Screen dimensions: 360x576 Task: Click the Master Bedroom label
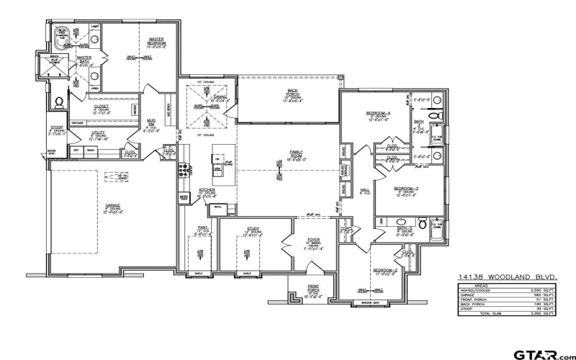pyautogui.click(x=157, y=41)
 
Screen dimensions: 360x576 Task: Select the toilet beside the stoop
pyautogui.click(x=59, y=102)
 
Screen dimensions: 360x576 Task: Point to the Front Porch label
pyautogui.click(x=313, y=288)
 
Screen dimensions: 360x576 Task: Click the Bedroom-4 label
pyautogui.click(x=378, y=114)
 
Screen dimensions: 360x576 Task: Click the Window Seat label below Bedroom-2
pyautogui.click(x=379, y=303)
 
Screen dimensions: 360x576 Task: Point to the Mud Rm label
pyautogui.click(x=152, y=122)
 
